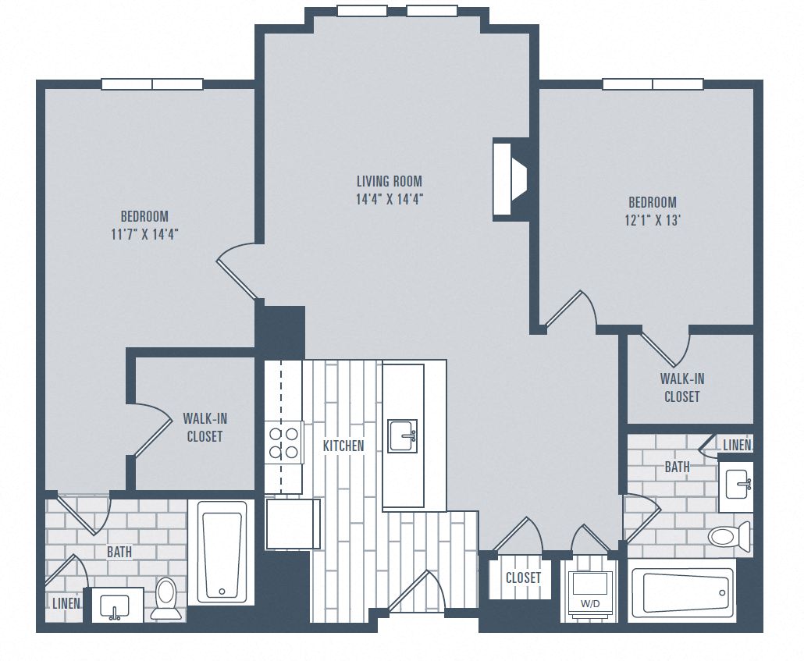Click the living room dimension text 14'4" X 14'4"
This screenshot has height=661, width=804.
point(390,198)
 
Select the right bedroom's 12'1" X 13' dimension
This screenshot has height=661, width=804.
point(652,219)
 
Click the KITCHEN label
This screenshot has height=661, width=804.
point(343,446)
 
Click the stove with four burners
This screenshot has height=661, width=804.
point(283,442)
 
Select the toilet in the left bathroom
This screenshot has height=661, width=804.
point(166,598)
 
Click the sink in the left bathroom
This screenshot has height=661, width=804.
point(117,605)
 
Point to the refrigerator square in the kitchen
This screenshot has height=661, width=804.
point(293,524)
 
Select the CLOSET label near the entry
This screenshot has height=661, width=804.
point(523,577)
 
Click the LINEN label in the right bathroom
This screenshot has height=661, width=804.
point(737,445)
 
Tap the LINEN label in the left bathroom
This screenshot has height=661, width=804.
point(66,603)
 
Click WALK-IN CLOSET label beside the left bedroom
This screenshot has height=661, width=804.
point(205,427)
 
